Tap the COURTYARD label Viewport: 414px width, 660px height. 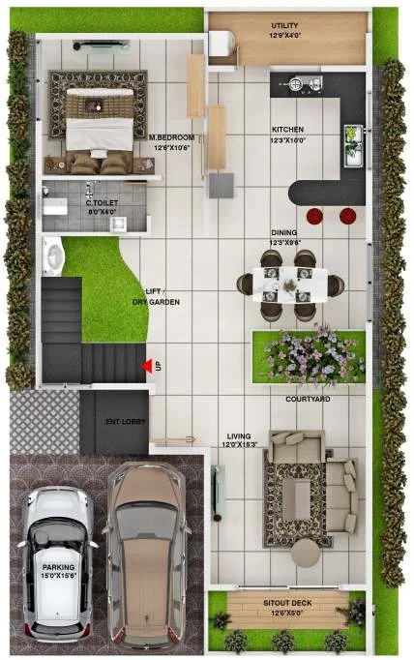tap(308, 398)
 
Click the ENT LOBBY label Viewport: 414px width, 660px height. tap(124, 421)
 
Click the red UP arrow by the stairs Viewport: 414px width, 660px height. tap(146, 366)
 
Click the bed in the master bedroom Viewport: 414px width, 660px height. tap(100, 119)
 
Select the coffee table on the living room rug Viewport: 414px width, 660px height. tap(296, 497)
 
